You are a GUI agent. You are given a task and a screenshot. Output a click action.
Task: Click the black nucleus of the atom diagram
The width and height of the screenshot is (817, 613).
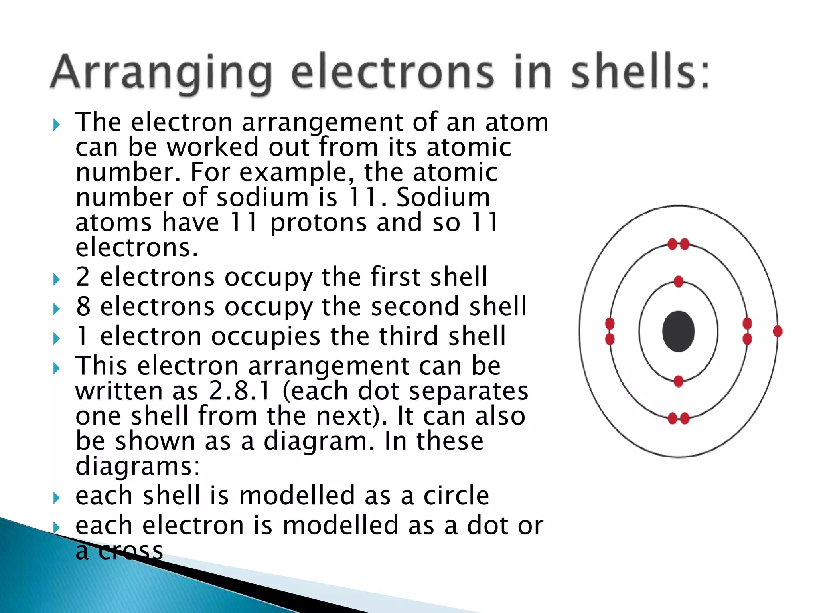pyautogui.click(x=678, y=331)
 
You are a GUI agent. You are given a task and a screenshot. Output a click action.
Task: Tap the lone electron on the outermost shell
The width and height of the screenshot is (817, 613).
pyautogui.click(x=778, y=331)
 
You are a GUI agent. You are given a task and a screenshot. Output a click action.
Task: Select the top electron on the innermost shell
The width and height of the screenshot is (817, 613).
pyautogui.click(x=679, y=281)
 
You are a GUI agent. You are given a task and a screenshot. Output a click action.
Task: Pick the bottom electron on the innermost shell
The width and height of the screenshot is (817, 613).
pyautogui.click(x=679, y=381)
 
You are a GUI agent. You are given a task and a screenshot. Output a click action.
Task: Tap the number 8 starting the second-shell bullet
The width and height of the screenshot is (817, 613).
pyautogui.click(x=83, y=306)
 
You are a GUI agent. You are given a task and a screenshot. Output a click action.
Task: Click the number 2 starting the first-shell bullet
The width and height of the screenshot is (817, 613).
pyautogui.click(x=83, y=277)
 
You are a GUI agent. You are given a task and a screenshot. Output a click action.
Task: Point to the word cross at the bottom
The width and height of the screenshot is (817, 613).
pyautogui.click(x=130, y=551)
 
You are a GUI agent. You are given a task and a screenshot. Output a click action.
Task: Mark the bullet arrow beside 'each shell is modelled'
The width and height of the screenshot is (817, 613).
pyautogui.click(x=57, y=498)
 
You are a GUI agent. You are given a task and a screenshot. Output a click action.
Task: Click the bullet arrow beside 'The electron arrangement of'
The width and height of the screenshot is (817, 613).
pyautogui.click(x=57, y=125)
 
